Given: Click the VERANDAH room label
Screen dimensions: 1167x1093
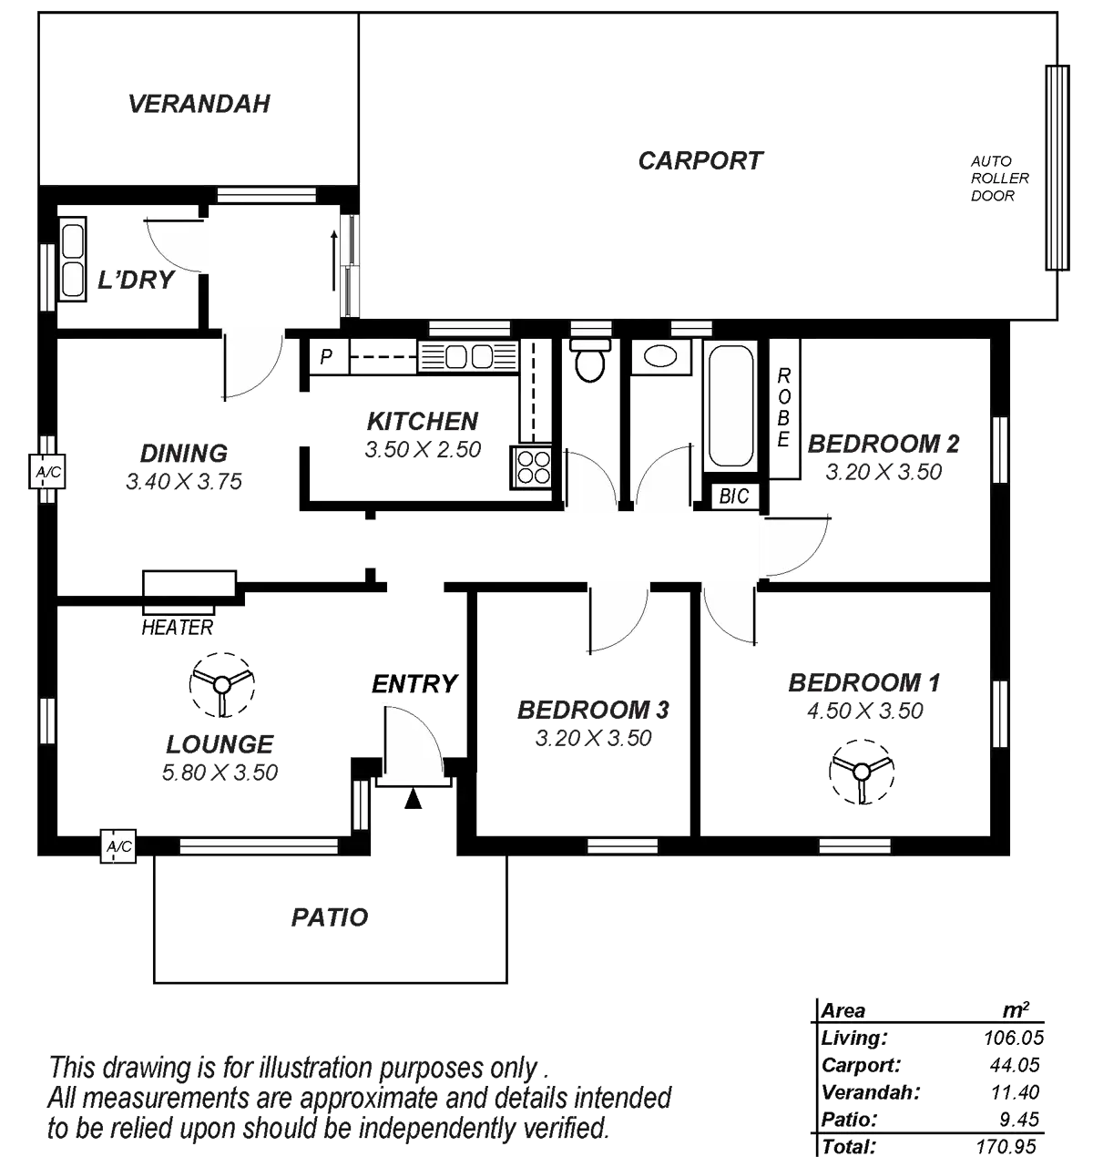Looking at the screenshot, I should coord(199,104).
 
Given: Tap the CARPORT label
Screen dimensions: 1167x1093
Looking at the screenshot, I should coord(700,161).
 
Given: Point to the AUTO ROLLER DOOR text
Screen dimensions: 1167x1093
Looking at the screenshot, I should coord(998,179).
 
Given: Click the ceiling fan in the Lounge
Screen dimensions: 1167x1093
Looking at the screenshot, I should coord(221,684).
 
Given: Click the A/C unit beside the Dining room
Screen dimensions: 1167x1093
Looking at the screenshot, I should coord(44,473).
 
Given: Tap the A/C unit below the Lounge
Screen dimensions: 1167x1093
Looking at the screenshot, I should coord(119,846).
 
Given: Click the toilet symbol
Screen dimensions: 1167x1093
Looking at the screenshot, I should coord(590,361).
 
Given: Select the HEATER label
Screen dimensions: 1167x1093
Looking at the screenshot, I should coord(178,627).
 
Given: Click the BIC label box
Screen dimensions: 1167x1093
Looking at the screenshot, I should coord(733,496).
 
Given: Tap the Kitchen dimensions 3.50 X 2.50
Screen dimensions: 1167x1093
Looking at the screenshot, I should coord(422,450).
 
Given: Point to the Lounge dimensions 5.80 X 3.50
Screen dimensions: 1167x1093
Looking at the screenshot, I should coord(220,773).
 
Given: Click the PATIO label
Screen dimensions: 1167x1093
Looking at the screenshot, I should coord(330,917).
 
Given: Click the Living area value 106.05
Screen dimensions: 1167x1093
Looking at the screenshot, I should coord(1015,1038).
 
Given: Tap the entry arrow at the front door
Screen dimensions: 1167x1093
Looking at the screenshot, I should coord(413,799).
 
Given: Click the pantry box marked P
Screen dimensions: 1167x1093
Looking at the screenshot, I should coord(325,356).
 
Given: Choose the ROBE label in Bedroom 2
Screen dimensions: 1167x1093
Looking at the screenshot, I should coord(783,408).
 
